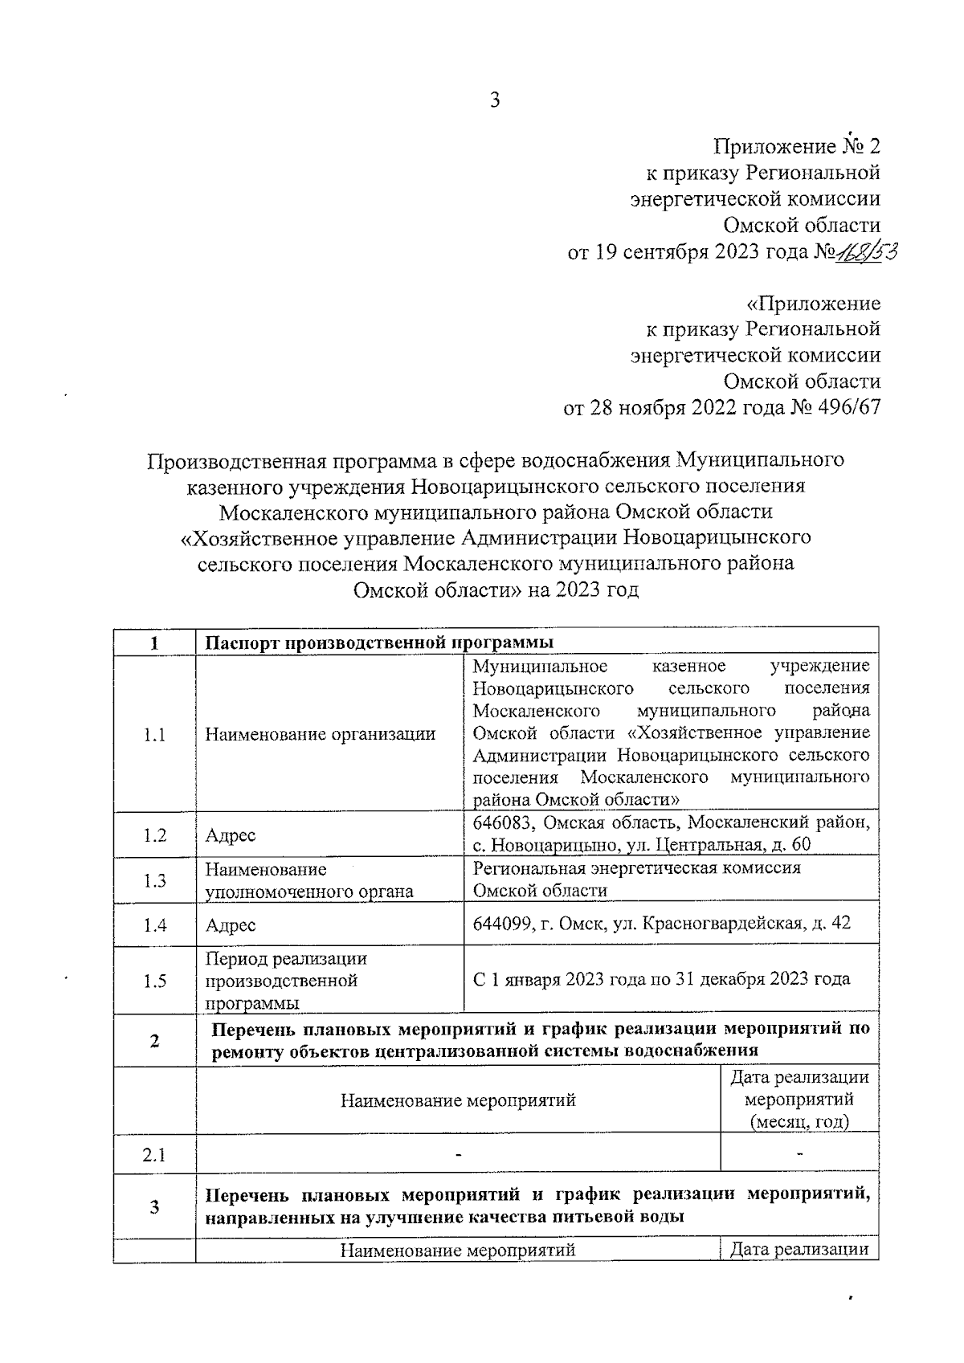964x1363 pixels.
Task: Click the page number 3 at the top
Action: pyautogui.click(x=494, y=100)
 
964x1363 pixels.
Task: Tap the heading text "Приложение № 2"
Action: pyautogui.click(x=797, y=146)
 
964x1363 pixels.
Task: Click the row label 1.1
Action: pyautogui.click(x=154, y=734)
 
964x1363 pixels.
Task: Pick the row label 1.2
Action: pyautogui.click(x=154, y=835)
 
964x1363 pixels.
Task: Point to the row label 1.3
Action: pyautogui.click(x=154, y=880)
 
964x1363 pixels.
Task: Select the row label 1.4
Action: pyautogui.click(x=154, y=925)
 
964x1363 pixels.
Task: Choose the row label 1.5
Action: pyautogui.click(x=154, y=981)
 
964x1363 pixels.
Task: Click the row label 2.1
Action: pyautogui.click(x=154, y=1155)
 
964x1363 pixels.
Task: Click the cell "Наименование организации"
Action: pyautogui.click(x=321, y=734)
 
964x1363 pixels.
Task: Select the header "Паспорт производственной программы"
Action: pyautogui.click(x=380, y=643)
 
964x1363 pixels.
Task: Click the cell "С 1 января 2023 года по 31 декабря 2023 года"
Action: pyautogui.click(x=661, y=980)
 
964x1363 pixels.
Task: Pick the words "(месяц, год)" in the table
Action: pyautogui.click(x=799, y=1121)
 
